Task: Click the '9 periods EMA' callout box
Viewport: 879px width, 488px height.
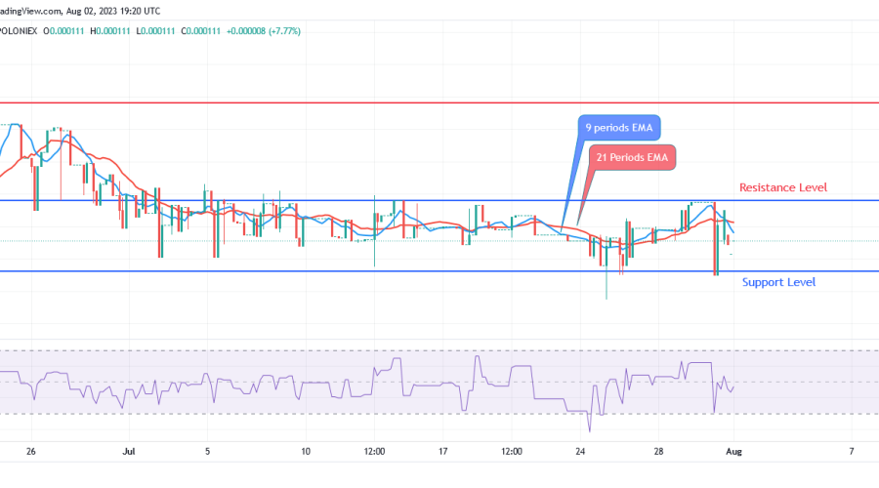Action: pyautogui.click(x=618, y=129)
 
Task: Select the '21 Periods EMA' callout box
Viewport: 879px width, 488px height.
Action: pyautogui.click(x=632, y=156)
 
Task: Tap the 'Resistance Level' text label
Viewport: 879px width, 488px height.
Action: pyautogui.click(x=783, y=187)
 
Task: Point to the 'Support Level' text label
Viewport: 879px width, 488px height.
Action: pyautogui.click(x=778, y=283)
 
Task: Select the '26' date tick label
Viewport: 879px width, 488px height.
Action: pyautogui.click(x=31, y=452)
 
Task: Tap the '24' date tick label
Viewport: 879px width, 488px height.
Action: pyautogui.click(x=580, y=452)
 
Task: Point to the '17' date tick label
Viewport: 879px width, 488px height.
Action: pyautogui.click(x=442, y=452)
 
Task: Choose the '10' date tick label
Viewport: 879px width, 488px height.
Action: pyautogui.click(x=306, y=452)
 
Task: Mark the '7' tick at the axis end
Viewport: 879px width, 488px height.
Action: pyautogui.click(x=853, y=452)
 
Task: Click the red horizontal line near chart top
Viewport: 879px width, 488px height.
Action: pyautogui.click(x=439, y=102)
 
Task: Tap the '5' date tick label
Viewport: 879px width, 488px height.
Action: pyautogui.click(x=208, y=452)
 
